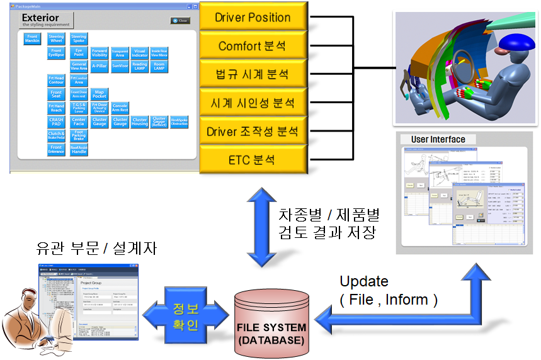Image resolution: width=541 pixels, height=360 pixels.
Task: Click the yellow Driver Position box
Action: pyautogui.click(x=253, y=18)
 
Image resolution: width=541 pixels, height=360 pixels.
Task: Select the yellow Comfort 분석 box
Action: pyautogui.click(x=253, y=46)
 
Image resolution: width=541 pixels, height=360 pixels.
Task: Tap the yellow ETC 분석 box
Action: pyautogui.click(x=253, y=160)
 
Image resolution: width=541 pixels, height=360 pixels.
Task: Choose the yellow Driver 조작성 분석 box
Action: pyautogui.click(x=253, y=132)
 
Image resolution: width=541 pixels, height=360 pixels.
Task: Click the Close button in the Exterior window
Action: pyautogui.click(x=180, y=21)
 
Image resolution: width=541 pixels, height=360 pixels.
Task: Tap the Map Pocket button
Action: pyautogui.click(x=99, y=94)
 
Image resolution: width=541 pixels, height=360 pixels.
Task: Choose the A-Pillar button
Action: pyautogui.click(x=99, y=65)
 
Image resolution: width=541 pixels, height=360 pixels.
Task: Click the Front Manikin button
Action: pyautogui.click(x=33, y=38)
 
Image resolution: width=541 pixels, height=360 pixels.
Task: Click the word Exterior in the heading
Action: pyautogui.click(x=40, y=18)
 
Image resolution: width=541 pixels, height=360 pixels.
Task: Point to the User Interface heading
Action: pyautogui.click(x=438, y=139)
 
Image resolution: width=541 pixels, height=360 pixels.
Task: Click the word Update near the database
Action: pyautogui.click(x=364, y=281)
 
